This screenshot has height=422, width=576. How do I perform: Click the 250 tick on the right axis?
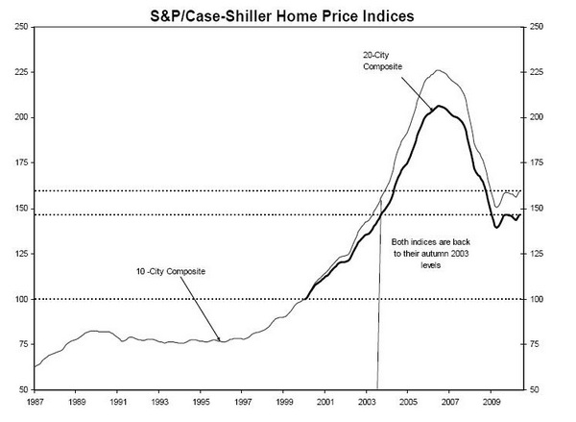537,27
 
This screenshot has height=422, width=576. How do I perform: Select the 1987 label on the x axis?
35,401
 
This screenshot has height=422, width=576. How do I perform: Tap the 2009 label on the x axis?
492,401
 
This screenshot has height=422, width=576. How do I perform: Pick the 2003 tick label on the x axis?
367,401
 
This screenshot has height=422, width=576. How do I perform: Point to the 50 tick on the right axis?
534,390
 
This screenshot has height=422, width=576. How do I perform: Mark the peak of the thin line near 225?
438,70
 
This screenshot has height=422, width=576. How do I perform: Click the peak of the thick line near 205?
439,106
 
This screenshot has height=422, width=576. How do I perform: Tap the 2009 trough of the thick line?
496,227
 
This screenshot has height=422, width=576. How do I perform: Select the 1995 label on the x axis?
201,401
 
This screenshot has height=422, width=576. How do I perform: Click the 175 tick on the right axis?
537,163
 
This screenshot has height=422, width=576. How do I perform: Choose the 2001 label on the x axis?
325,401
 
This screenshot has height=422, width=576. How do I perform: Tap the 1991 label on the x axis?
117,401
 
